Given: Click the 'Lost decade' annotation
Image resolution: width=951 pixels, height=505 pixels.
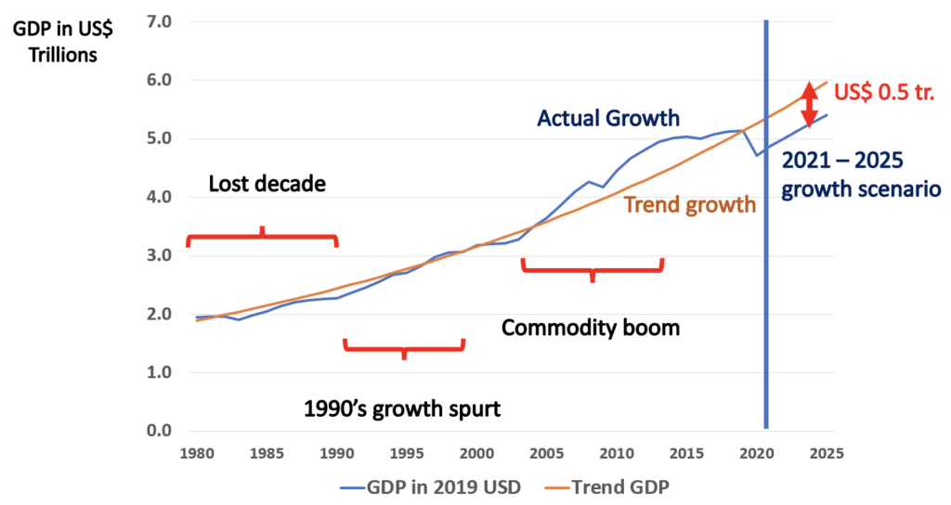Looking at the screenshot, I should point(267,184).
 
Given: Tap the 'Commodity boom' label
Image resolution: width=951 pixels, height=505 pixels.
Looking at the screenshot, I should point(591,328).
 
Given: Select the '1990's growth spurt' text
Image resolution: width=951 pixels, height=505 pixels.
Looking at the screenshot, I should point(403,408).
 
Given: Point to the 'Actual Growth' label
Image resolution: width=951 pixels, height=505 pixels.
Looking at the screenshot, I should point(608,118).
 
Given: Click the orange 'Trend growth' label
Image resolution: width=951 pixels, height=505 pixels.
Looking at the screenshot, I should point(689,204).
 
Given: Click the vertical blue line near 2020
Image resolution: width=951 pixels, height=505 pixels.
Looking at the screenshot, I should point(766,278).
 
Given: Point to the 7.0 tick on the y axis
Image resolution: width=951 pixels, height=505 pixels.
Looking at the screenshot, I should point(161,21).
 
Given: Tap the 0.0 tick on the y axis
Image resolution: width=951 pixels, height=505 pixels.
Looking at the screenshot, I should point(161,431).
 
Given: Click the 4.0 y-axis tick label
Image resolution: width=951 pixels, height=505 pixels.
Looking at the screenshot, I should point(161,197).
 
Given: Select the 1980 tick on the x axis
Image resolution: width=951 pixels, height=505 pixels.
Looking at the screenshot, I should point(196,453).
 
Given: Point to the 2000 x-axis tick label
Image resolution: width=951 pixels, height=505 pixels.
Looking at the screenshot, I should point(476,453).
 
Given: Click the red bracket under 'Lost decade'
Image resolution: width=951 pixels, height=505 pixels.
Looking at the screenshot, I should point(262,237).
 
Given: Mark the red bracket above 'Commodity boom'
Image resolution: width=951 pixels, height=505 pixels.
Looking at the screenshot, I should point(592,269).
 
